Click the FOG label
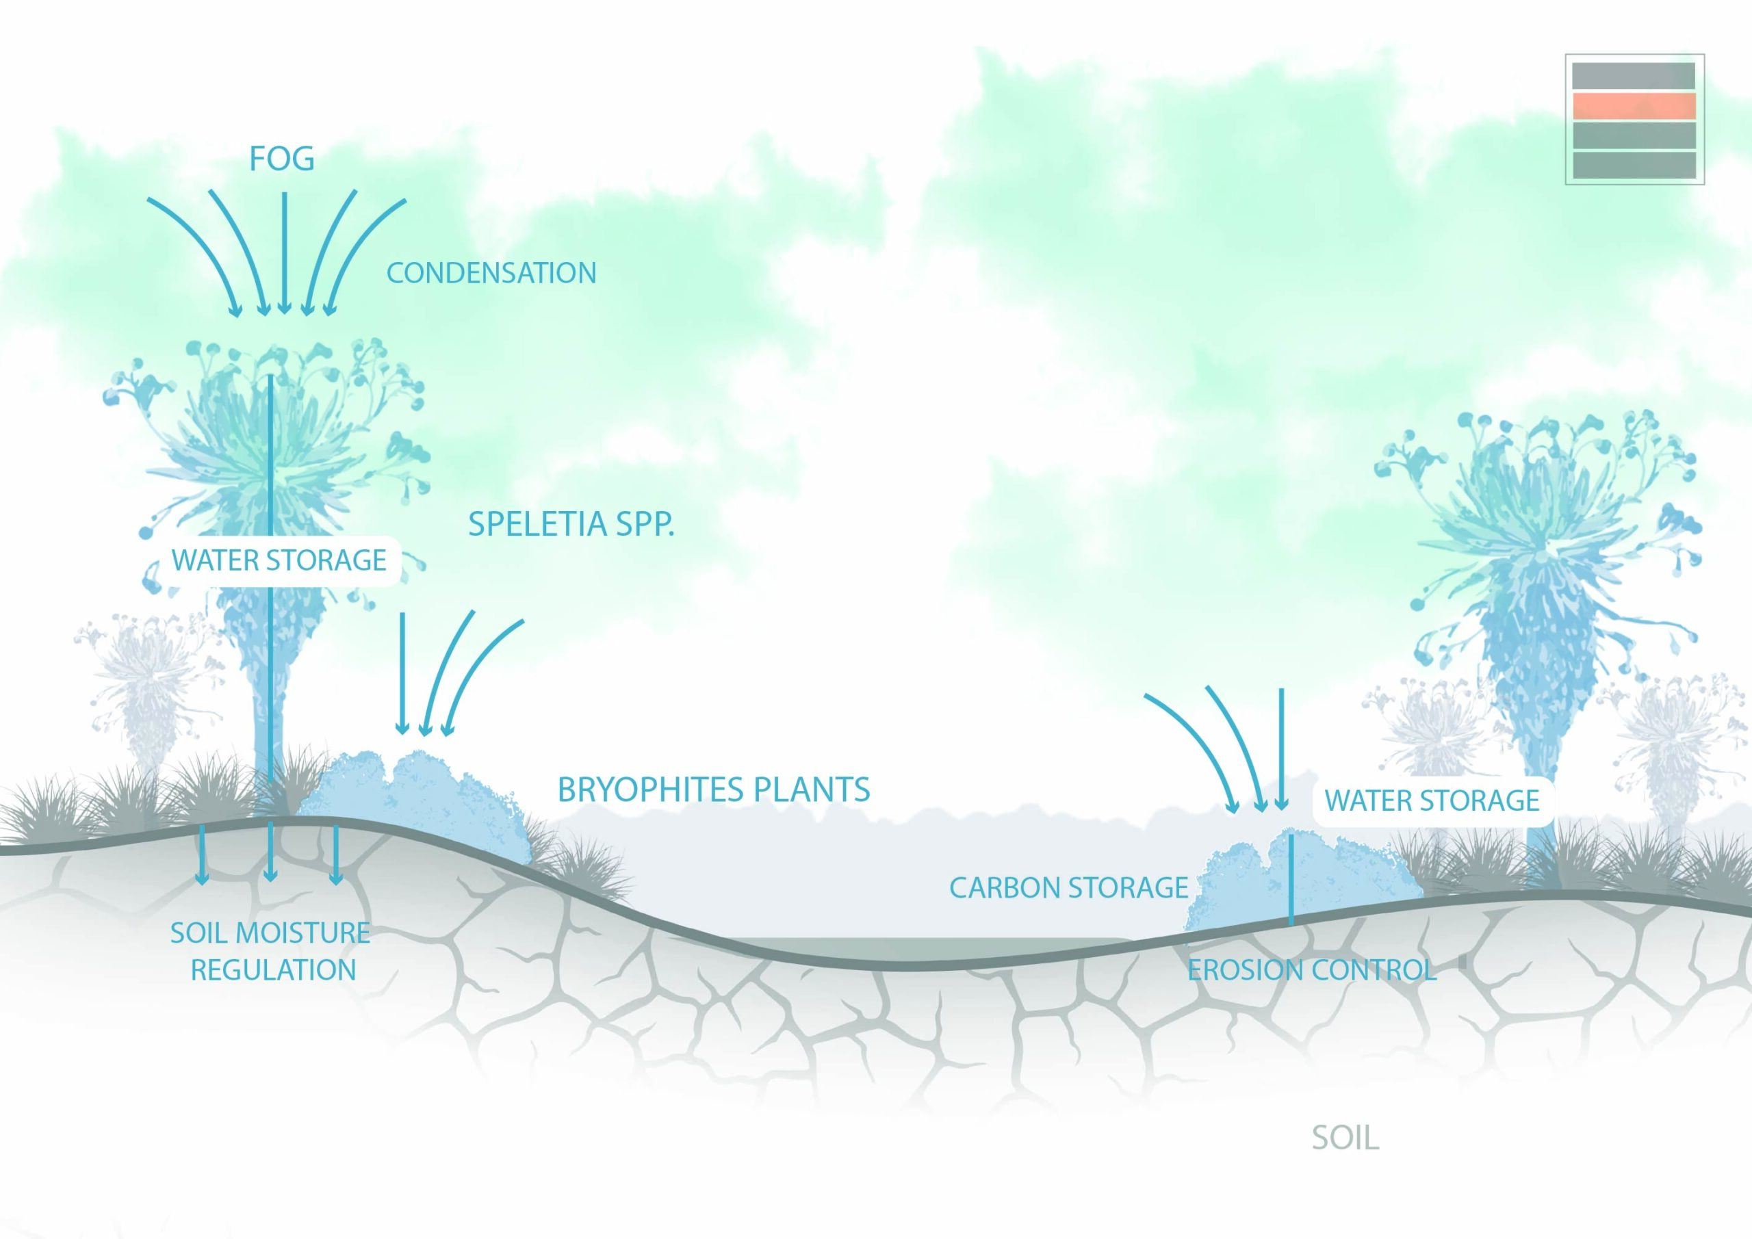[281, 159]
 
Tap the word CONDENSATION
[491, 273]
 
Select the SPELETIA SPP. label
[571, 524]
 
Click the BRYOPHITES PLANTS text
[714, 790]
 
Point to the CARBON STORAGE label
[1068, 887]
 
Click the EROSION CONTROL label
[1312, 969]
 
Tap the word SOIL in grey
[1345, 1138]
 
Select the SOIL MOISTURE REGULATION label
[271, 950]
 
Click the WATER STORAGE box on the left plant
[279, 561]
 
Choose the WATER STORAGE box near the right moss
[1432, 800]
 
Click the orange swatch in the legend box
[1634, 106]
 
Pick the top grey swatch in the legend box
[1634, 75]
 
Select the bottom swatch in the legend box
[1634, 166]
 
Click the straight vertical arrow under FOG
[284, 252]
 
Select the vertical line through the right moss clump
[1290, 877]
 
